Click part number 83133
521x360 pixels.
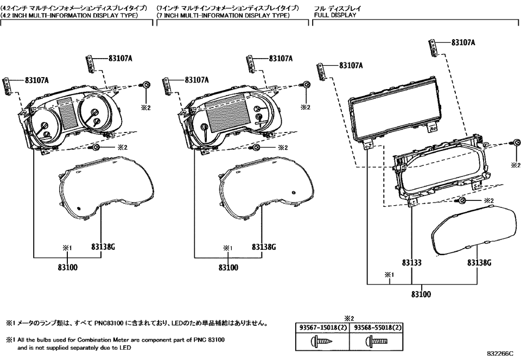tap(411, 262)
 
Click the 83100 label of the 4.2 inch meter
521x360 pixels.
tap(68, 267)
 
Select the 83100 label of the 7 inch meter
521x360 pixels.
tap(228, 267)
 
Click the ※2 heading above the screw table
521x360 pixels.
tap(348, 319)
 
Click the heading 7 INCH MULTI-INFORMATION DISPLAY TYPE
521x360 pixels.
tap(223, 16)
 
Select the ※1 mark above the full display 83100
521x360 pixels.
tap(388, 275)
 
